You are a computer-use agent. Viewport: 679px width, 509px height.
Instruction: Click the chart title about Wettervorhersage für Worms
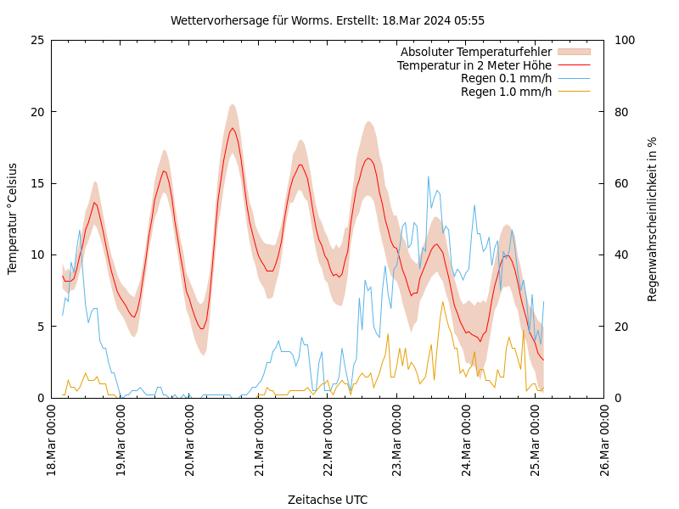click(x=328, y=20)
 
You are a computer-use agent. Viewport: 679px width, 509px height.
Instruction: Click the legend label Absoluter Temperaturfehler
click(x=475, y=53)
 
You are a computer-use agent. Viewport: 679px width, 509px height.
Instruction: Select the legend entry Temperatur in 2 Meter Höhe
click(x=474, y=65)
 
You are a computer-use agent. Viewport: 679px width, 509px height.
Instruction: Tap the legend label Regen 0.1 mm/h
click(x=506, y=78)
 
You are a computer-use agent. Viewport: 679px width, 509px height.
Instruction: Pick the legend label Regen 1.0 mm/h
click(x=506, y=92)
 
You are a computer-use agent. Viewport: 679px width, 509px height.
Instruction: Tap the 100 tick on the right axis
click(x=624, y=40)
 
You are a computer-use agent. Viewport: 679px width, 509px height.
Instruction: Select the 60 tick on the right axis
click(x=620, y=183)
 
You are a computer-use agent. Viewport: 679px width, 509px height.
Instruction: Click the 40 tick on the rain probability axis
click(x=620, y=255)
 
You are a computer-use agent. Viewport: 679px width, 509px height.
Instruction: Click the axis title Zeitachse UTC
click(x=328, y=500)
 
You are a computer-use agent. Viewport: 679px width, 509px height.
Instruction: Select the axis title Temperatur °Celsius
click(x=13, y=219)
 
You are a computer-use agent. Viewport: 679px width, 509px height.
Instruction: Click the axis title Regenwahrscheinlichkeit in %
click(x=653, y=219)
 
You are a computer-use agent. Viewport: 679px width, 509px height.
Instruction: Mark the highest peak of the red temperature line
click(x=233, y=128)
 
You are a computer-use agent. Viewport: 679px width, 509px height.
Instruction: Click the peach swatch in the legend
click(x=573, y=53)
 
